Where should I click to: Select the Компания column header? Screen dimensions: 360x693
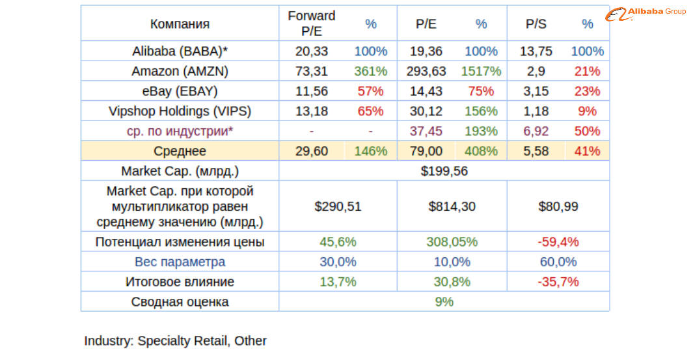pyautogui.click(x=180, y=24)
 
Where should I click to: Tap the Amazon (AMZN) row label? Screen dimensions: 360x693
pyautogui.click(x=180, y=71)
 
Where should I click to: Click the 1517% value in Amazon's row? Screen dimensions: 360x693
pyautogui.click(x=481, y=71)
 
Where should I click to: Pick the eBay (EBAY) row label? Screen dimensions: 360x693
pyautogui.click(x=180, y=91)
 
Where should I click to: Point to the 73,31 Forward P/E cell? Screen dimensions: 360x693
pyautogui.click(x=312, y=71)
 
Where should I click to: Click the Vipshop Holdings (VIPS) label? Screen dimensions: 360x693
pyautogui.click(x=180, y=111)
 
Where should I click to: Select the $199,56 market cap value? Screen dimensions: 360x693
pyautogui.click(x=444, y=171)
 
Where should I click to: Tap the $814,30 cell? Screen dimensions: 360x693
pyautogui.click(x=452, y=206)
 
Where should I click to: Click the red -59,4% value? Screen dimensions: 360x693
pyautogui.click(x=558, y=242)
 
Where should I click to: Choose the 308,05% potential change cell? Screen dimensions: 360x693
pyautogui.click(x=452, y=242)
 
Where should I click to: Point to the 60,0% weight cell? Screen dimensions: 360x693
pyautogui.click(x=558, y=262)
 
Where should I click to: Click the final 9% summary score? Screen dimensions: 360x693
pyautogui.click(x=444, y=302)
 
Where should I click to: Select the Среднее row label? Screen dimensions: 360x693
pyautogui.click(x=180, y=152)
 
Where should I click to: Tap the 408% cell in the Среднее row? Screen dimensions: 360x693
pyautogui.click(x=481, y=152)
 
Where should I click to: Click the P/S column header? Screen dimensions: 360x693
pyautogui.click(x=536, y=24)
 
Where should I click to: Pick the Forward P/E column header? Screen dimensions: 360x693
pyautogui.click(x=312, y=24)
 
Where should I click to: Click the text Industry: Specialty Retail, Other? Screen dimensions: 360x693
pyautogui.click(x=176, y=341)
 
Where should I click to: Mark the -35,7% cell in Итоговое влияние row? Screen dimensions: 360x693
pyautogui.click(x=558, y=282)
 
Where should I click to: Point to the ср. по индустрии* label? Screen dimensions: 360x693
pyautogui.click(x=180, y=132)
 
